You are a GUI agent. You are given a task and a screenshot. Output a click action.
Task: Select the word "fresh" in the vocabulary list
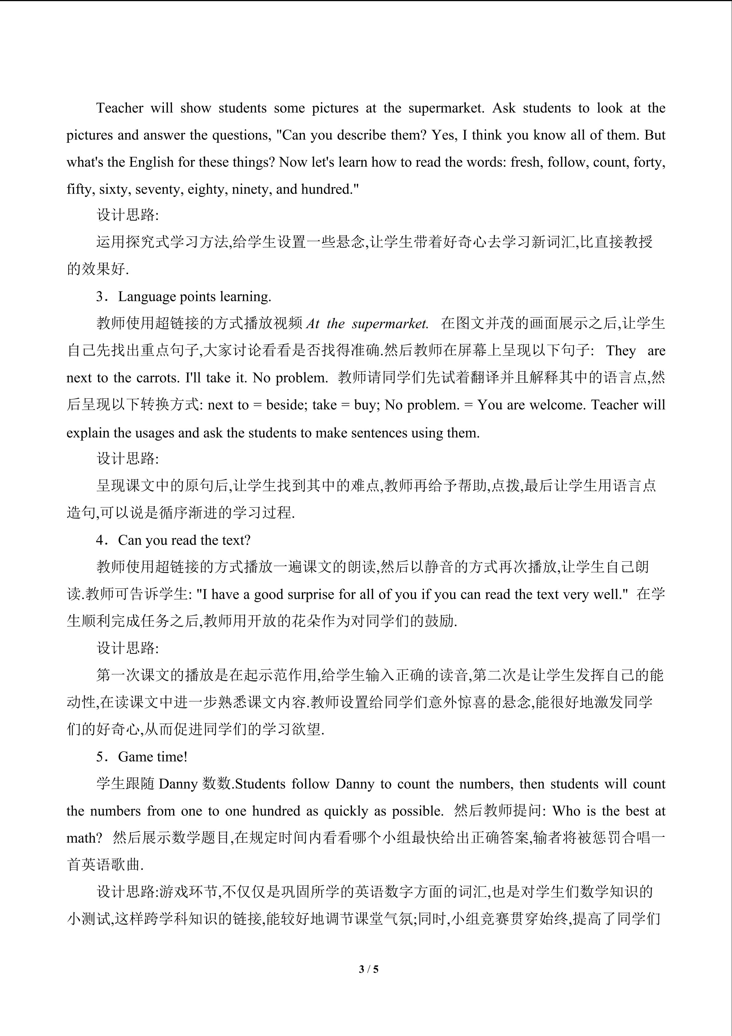525,162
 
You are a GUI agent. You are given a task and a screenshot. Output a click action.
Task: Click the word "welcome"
557,405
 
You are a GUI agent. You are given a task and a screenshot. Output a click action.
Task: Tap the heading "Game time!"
153,757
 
